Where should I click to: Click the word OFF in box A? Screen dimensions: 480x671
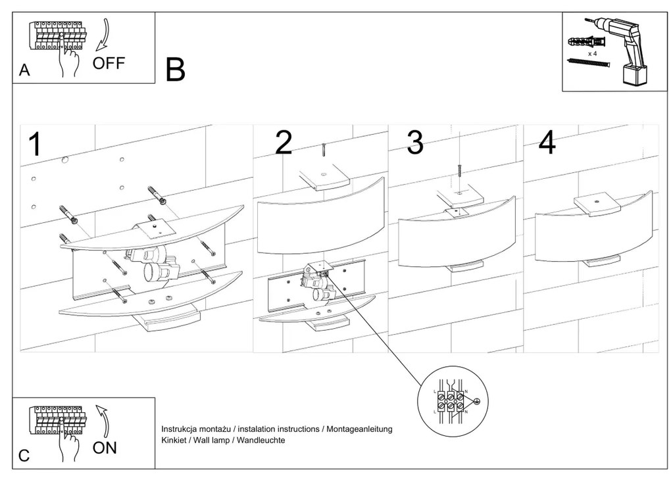point(109,63)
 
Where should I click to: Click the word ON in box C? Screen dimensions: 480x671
point(105,448)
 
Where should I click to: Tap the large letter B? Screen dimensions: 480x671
point(176,70)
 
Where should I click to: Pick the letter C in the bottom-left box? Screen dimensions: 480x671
point(24,456)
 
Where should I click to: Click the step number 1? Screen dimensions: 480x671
point(36,145)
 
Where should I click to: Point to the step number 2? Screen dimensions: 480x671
point(284,143)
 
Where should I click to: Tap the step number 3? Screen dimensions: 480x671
point(414,143)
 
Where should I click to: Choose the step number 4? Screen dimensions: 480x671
point(547,143)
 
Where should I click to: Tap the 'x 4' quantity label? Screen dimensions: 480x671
point(591,53)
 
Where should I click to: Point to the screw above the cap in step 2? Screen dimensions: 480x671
point(324,151)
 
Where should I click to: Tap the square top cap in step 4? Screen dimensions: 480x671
point(597,204)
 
